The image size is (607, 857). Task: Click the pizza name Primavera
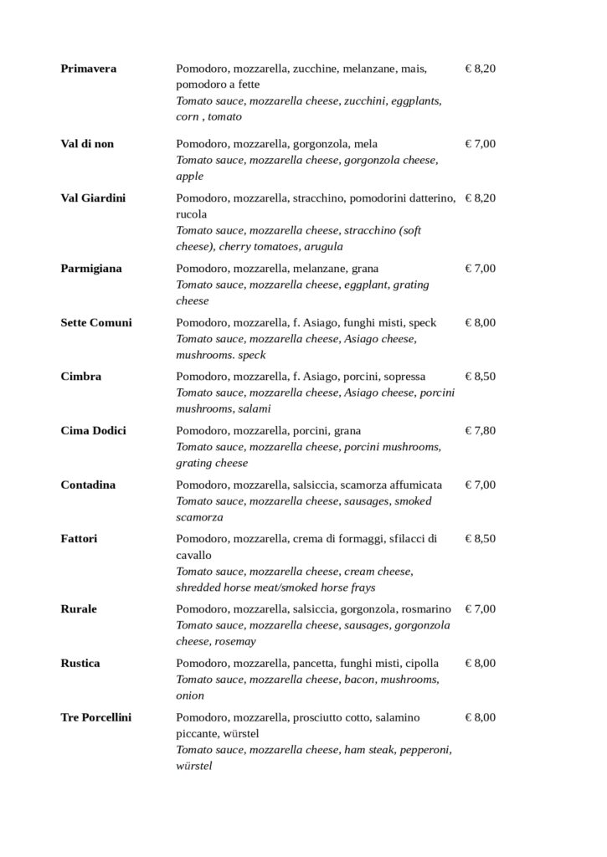point(88,69)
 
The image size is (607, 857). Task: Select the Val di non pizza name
point(87,144)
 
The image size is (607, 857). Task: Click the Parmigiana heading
point(91,269)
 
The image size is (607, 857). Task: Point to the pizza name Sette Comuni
point(96,322)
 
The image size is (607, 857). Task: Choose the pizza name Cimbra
point(81,377)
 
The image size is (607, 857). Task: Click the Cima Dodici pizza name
point(94,431)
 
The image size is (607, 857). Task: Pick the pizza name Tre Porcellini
point(96,717)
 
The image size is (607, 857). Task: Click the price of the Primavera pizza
point(481,69)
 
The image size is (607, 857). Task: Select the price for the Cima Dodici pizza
point(481,431)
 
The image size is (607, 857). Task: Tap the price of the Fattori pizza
point(481,538)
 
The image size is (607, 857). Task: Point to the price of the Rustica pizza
point(481,664)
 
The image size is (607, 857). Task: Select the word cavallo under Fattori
point(193,555)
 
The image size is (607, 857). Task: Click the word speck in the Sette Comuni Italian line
point(423,322)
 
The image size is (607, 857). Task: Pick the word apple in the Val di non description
point(189,177)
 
